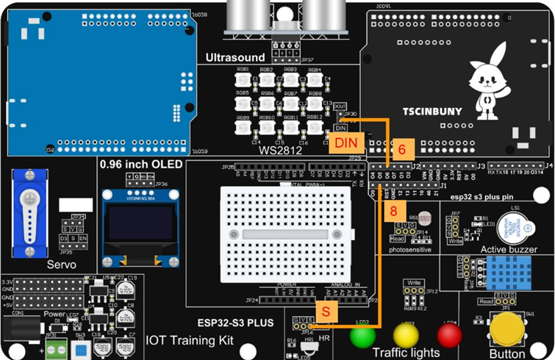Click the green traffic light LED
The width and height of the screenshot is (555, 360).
coord(361,336)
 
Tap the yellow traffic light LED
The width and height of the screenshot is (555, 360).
coord(406,336)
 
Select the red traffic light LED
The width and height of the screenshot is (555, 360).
coord(449,336)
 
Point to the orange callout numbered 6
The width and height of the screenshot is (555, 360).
coord(401,148)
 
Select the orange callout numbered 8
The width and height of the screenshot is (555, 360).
coord(394,211)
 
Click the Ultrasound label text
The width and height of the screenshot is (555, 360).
coord(234,57)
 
